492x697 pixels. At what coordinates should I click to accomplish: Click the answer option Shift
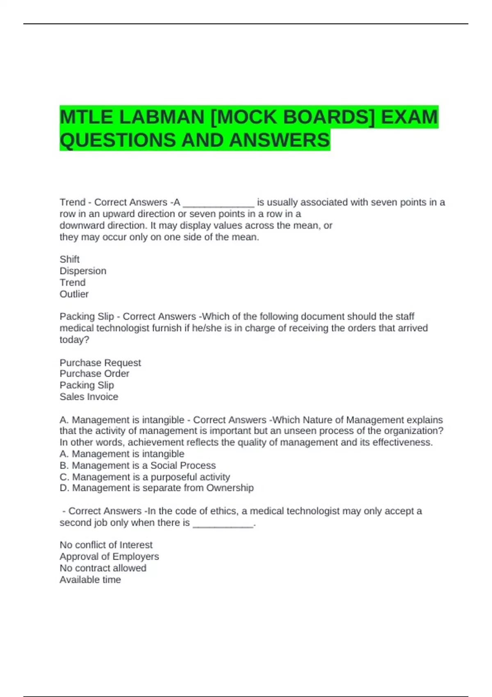[x=69, y=259]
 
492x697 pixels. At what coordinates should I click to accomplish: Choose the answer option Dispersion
[x=83, y=271]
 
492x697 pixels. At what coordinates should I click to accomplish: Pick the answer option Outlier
[x=74, y=294]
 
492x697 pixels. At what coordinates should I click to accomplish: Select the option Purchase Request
[x=100, y=362]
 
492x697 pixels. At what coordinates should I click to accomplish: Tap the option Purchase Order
[x=94, y=374]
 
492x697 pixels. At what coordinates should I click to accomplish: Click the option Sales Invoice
[x=89, y=396]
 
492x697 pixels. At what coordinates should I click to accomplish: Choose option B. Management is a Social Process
[x=137, y=465]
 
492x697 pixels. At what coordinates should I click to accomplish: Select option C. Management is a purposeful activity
[x=144, y=477]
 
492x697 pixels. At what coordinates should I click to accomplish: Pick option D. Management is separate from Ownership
[x=156, y=488]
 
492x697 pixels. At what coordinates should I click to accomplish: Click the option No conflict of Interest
[x=106, y=545]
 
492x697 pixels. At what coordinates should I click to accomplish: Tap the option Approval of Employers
[x=109, y=556]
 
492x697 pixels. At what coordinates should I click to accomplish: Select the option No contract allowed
[x=102, y=568]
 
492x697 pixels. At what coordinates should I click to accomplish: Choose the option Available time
[x=90, y=580]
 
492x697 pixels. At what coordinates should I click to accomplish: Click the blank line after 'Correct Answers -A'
[x=219, y=203]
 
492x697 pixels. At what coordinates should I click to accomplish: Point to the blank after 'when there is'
[x=223, y=524]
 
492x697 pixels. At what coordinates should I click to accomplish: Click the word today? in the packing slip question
[x=74, y=339]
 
